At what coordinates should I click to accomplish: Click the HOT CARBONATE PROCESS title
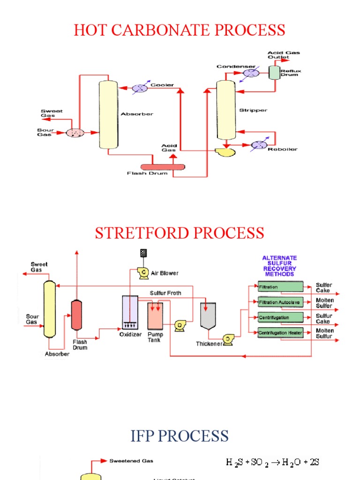pos(180,30)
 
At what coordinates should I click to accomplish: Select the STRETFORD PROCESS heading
pos(180,233)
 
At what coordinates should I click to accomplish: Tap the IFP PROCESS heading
pos(180,435)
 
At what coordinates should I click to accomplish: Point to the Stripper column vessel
pos(225,110)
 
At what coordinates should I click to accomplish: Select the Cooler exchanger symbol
pos(140,88)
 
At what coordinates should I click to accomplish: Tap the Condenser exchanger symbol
pos(251,73)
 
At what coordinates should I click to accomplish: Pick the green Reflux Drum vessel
pos(273,72)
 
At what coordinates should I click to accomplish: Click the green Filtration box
pos(280,287)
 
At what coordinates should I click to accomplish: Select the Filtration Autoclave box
pos(280,302)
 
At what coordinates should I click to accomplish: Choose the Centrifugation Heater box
pos(280,333)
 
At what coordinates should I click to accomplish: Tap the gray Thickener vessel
pos(208,315)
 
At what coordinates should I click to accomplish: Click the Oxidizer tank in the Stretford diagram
pos(130,312)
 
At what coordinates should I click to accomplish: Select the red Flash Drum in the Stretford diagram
pos(77,315)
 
